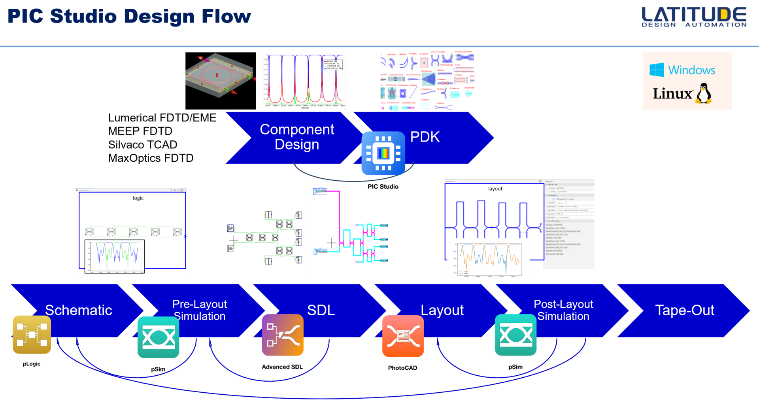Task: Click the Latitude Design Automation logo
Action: click(x=694, y=17)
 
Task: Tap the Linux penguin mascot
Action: click(x=704, y=94)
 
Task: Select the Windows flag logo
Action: click(x=657, y=70)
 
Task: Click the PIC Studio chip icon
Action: click(x=383, y=153)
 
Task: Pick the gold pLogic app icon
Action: click(x=32, y=335)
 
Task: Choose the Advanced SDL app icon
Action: click(x=283, y=335)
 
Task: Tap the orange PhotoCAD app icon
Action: click(x=403, y=336)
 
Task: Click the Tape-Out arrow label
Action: click(x=684, y=310)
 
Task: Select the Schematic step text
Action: click(x=78, y=310)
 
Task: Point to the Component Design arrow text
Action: click(x=297, y=137)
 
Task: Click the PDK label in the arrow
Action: click(x=425, y=137)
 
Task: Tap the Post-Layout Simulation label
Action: click(x=563, y=310)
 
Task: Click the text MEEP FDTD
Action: click(x=140, y=131)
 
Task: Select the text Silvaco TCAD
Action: click(x=142, y=145)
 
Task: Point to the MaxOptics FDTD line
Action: click(x=151, y=158)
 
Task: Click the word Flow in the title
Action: click(x=226, y=17)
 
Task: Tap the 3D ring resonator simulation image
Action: click(x=221, y=81)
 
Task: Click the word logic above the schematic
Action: click(x=138, y=198)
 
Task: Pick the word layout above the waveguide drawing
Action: click(x=495, y=189)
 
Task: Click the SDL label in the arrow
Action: click(x=321, y=310)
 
